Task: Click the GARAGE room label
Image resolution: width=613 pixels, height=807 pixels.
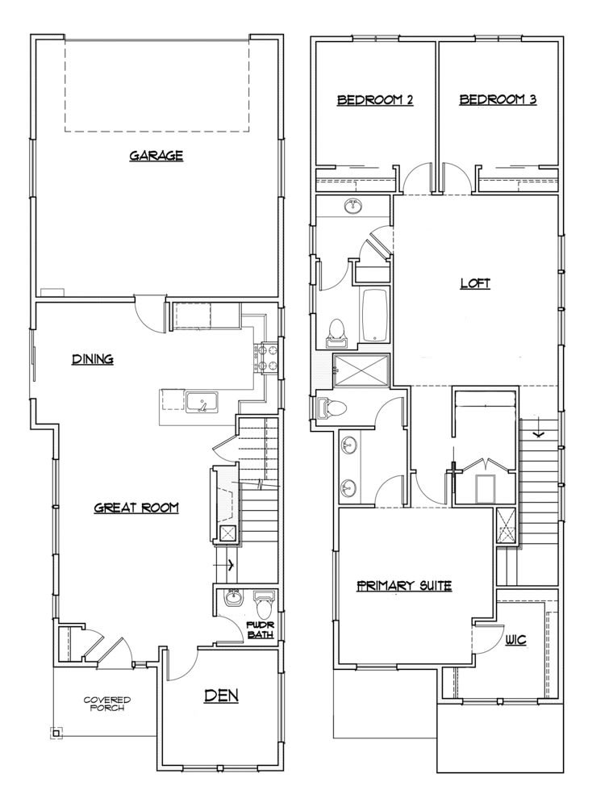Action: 156,156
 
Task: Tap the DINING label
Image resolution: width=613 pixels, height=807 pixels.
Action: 92,359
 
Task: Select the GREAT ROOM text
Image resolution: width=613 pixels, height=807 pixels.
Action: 136,508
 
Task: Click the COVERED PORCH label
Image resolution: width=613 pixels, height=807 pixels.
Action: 107,705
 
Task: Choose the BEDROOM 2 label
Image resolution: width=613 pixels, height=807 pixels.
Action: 375,100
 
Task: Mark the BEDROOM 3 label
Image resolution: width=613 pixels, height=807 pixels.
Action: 498,100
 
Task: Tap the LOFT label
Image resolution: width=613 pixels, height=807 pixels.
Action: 475,283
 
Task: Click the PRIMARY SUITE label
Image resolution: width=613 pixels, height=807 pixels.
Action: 403,585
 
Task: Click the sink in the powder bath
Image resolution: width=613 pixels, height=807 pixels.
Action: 234,598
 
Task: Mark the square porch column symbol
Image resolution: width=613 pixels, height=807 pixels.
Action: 56,732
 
